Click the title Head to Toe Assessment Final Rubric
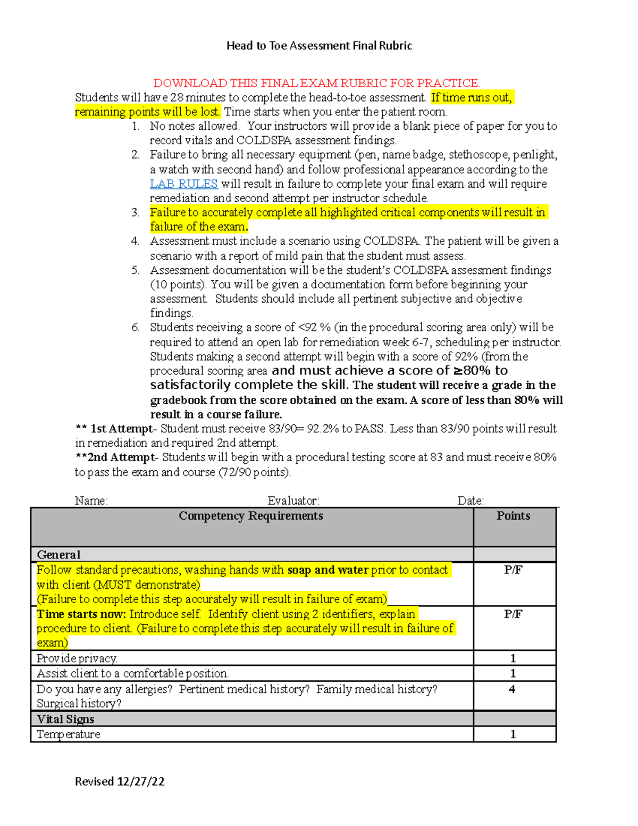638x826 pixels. click(319, 46)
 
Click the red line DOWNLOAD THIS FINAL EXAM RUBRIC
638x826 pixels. click(317, 83)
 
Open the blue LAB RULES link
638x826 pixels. click(183, 183)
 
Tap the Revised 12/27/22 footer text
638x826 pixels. click(120, 781)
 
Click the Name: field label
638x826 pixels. click(91, 500)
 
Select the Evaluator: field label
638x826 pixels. click(293, 500)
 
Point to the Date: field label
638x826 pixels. click(471, 500)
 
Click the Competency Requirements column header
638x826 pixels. click(251, 516)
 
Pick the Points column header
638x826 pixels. click(513, 516)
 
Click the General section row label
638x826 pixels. click(58, 555)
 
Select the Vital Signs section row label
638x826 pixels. click(65, 719)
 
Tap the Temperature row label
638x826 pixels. click(68, 735)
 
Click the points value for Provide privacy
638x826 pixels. click(513, 658)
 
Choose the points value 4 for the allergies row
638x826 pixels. click(512, 689)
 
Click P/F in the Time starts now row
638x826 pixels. click(513, 614)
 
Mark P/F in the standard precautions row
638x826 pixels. click(513, 570)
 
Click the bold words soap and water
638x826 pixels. click(328, 570)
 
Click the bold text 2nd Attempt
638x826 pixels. click(122, 457)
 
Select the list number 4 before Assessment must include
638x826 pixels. click(135, 241)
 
